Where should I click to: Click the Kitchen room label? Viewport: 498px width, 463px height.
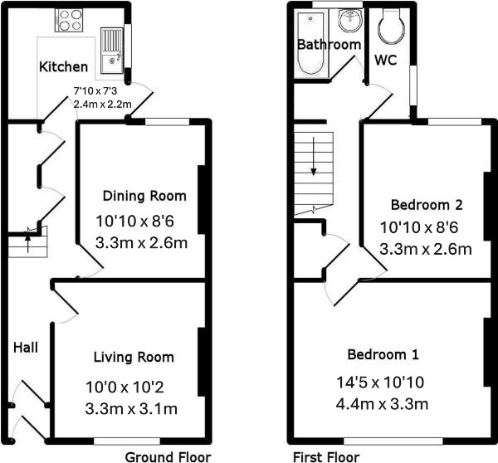[x=64, y=66]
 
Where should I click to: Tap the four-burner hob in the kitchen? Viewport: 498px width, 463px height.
[x=69, y=20]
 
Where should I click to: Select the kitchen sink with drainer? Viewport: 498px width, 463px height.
[x=112, y=50]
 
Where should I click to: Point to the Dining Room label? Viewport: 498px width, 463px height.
[x=144, y=196]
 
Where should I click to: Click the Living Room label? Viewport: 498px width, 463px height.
[x=134, y=357]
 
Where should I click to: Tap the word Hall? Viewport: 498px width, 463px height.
[x=26, y=348]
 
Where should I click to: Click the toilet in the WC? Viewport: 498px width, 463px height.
[x=392, y=26]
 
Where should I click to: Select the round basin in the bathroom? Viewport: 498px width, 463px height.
[x=349, y=20]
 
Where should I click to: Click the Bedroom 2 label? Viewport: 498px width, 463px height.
[x=427, y=204]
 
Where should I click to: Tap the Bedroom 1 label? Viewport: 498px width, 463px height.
[x=383, y=354]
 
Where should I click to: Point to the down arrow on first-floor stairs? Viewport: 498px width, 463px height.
[x=314, y=156]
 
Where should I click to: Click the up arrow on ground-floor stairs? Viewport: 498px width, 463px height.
[x=28, y=242]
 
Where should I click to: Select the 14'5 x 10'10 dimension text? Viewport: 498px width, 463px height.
[x=380, y=382]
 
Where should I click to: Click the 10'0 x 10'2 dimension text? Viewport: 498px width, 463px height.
[x=124, y=387]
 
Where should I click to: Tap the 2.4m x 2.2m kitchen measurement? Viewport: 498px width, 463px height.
[x=103, y=105]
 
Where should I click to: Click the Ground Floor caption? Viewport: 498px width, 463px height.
[x=168, y=457]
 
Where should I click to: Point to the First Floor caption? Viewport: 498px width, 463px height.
[x=326, y=457]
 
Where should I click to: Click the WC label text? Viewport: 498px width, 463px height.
[x=386, y=60]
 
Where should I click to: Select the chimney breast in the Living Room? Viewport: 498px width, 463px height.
[x=202, y=362]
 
